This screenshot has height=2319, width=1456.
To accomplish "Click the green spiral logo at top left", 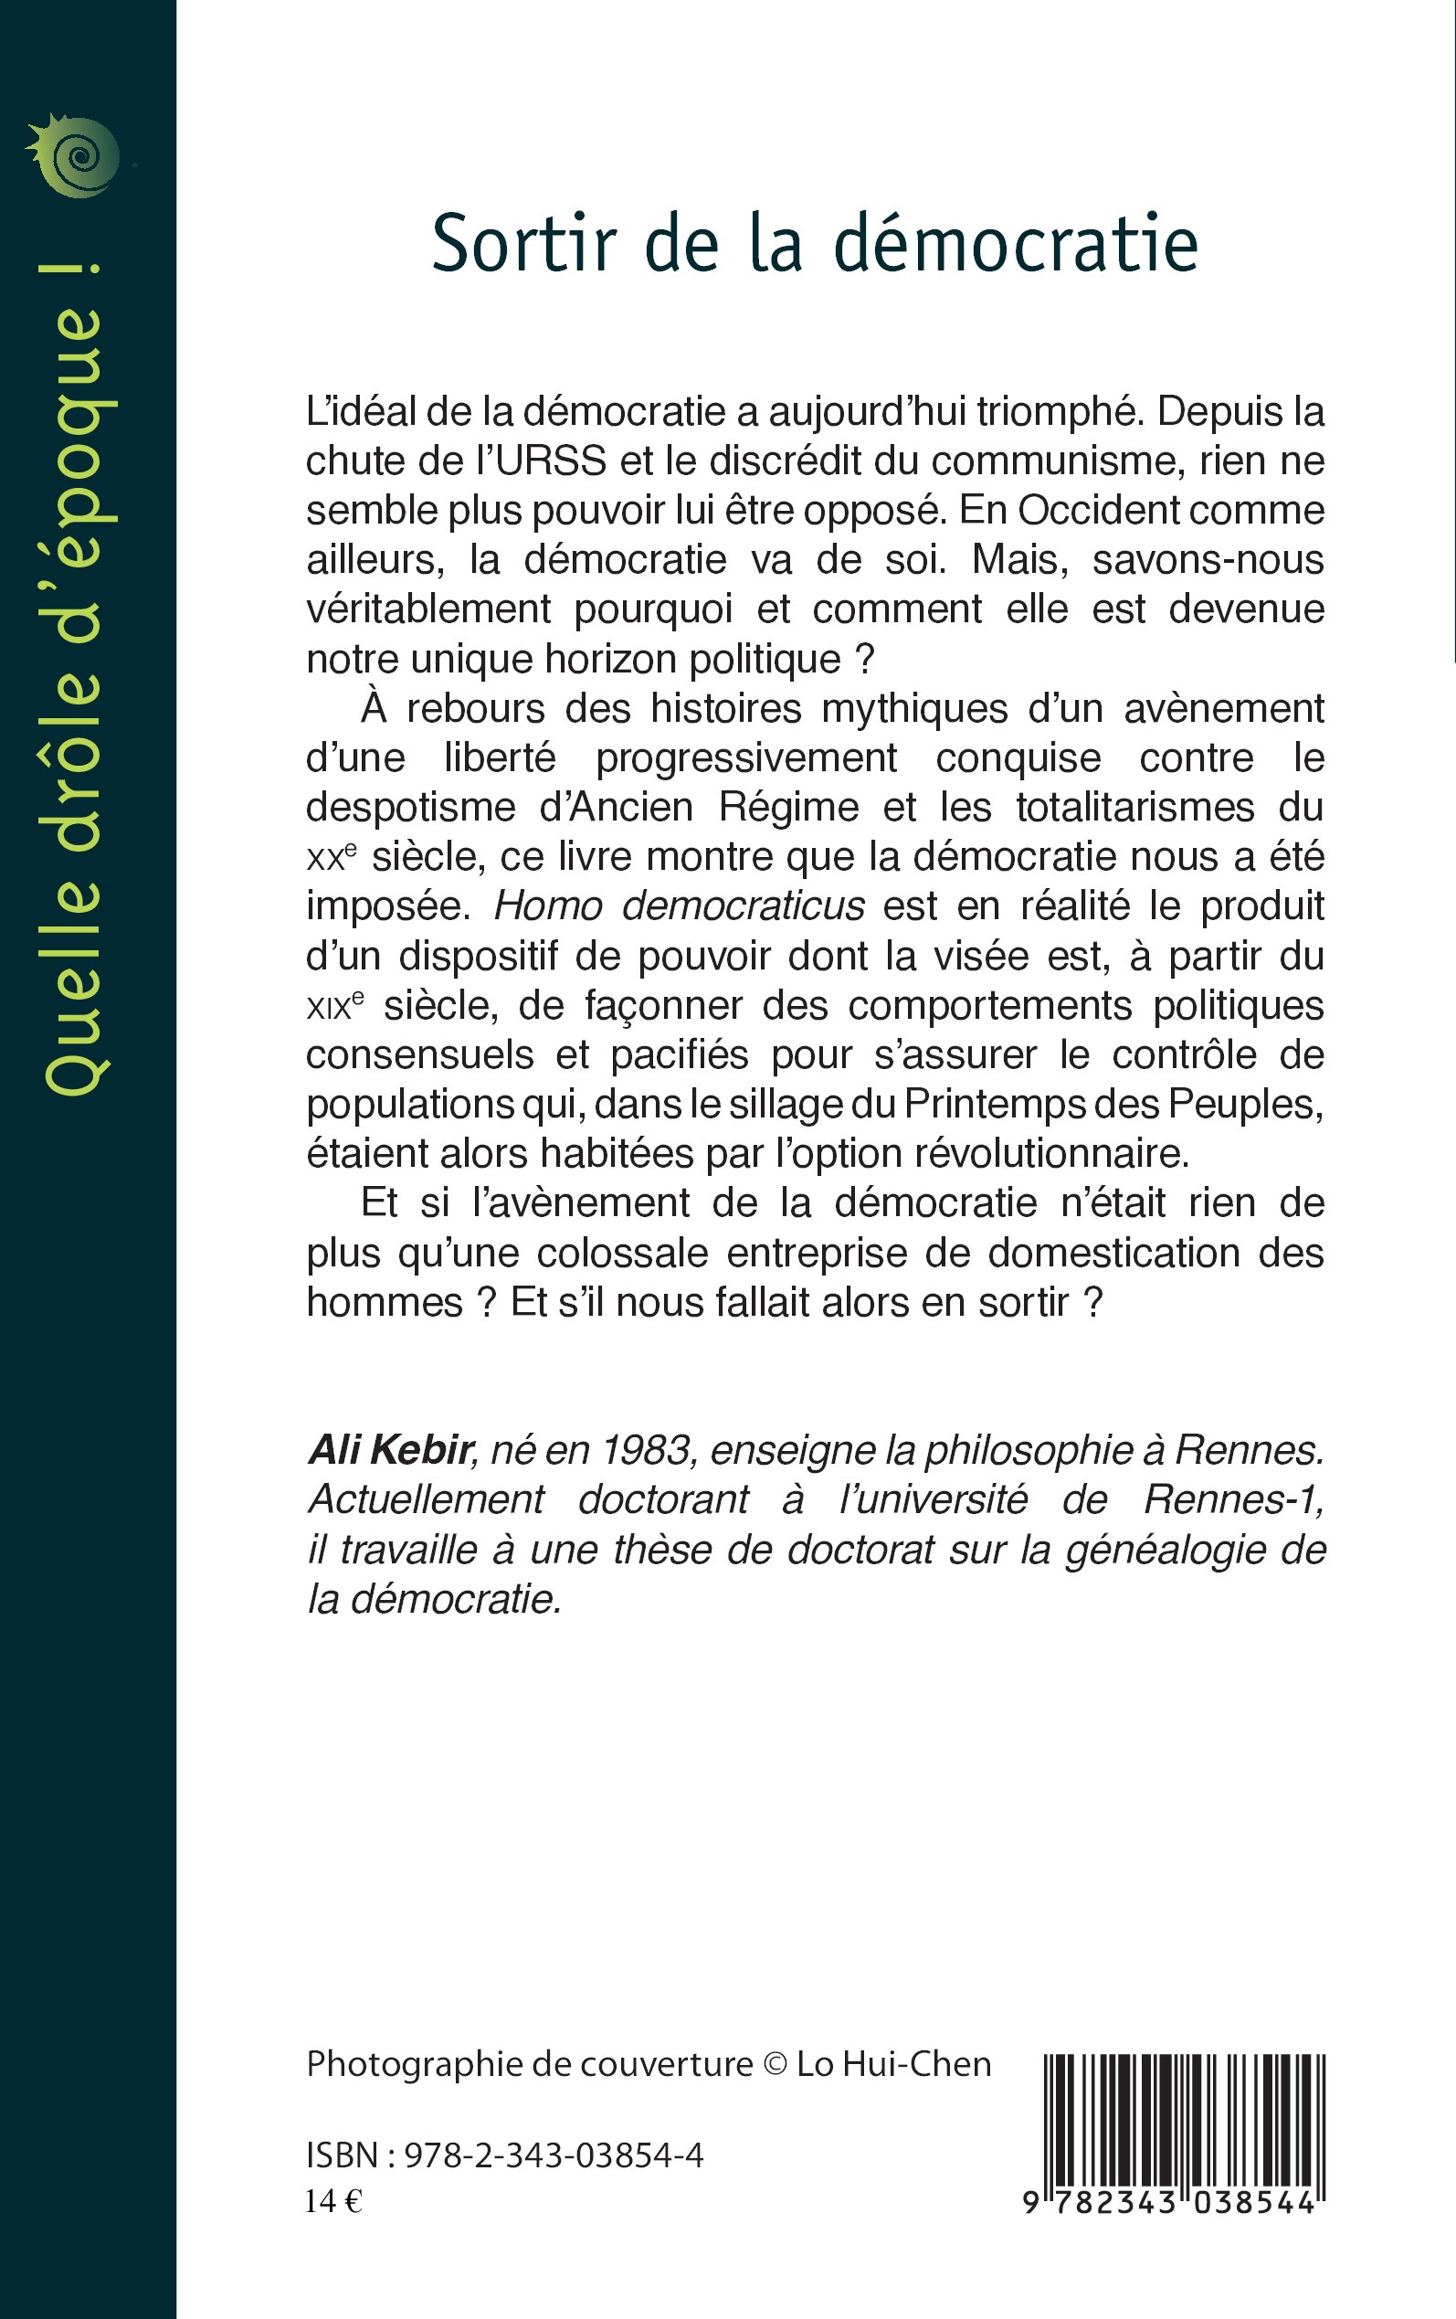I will tap(75, 157).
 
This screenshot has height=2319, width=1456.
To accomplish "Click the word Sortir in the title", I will tap(522, 245).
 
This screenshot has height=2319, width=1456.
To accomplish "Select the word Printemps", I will tap(1031, 1105).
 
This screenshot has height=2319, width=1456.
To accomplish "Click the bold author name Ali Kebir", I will tap(390, 1450).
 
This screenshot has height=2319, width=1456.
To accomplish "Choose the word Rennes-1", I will tap(1233, 1499).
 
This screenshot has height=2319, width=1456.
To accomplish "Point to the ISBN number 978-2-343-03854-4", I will tap(554, 2155).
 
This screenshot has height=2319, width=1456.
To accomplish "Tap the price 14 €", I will tap(333, 2201).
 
